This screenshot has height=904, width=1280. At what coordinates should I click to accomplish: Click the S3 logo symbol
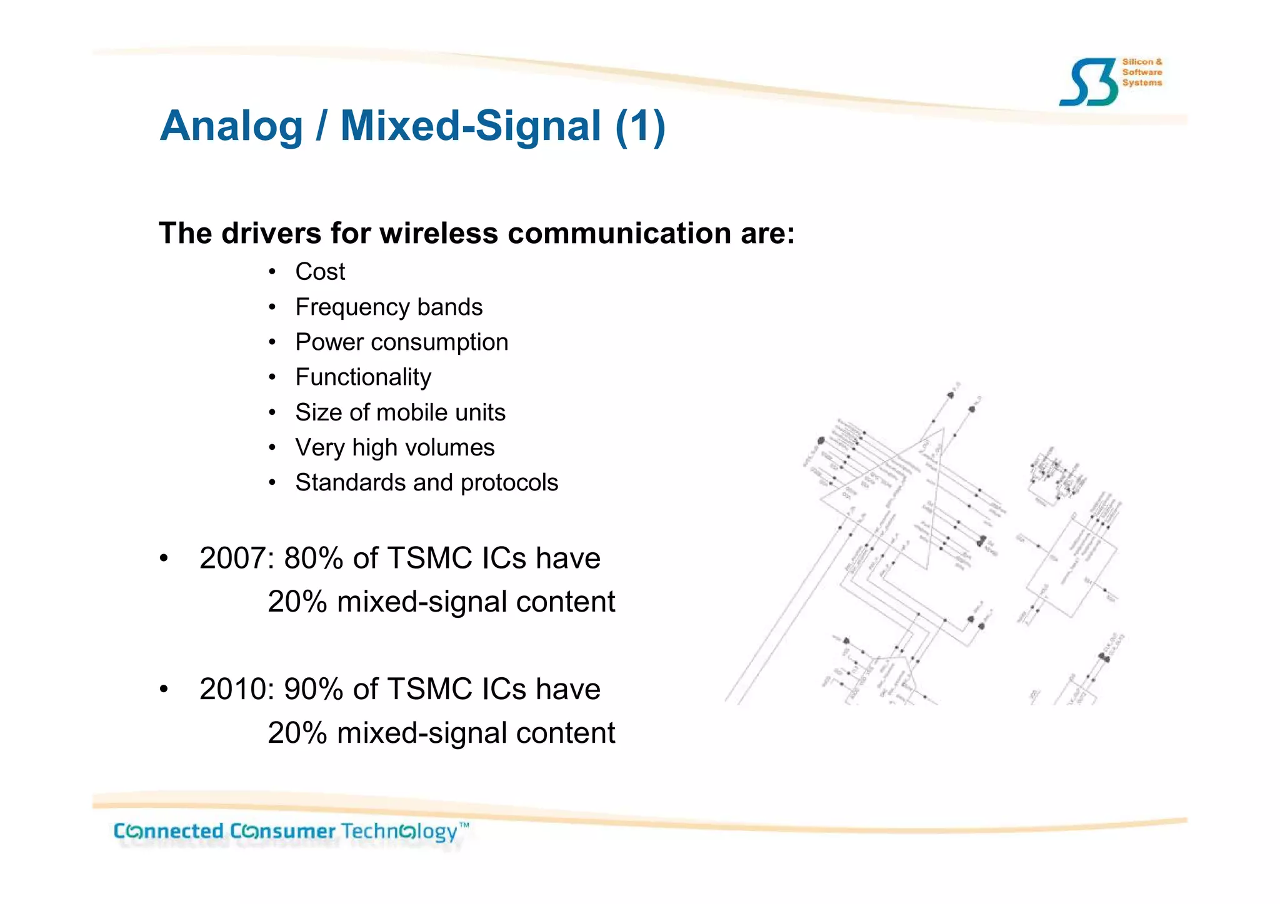pos(1087,82)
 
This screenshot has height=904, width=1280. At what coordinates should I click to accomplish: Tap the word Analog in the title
pos(231,127)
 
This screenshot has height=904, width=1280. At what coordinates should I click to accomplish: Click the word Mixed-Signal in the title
pos(471,127)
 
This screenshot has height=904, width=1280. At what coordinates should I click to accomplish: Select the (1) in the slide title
pos(640,127)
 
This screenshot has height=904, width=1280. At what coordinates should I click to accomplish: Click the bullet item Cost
pos(320,272)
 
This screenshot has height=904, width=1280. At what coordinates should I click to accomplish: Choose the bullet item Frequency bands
pos(389,307)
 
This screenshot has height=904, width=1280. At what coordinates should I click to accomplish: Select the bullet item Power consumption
pos(401,342)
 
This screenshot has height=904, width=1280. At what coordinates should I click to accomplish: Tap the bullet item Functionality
pos(363,377)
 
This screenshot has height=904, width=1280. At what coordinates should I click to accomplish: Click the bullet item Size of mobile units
pos(400,413)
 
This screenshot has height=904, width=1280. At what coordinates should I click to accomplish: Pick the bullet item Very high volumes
pos(394,448)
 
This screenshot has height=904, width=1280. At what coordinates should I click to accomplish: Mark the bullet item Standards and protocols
pos(426,483)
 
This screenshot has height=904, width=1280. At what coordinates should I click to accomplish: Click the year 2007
pos(233,559)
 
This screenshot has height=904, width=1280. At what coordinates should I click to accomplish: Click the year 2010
pos(233,690)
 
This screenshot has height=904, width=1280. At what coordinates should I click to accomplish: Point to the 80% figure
pos(314,559)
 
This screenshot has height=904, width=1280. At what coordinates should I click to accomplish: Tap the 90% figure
pos(314,690)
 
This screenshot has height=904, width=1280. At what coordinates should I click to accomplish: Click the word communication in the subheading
pos(619,234)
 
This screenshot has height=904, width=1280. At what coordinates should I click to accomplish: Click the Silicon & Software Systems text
pos(1142,72)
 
